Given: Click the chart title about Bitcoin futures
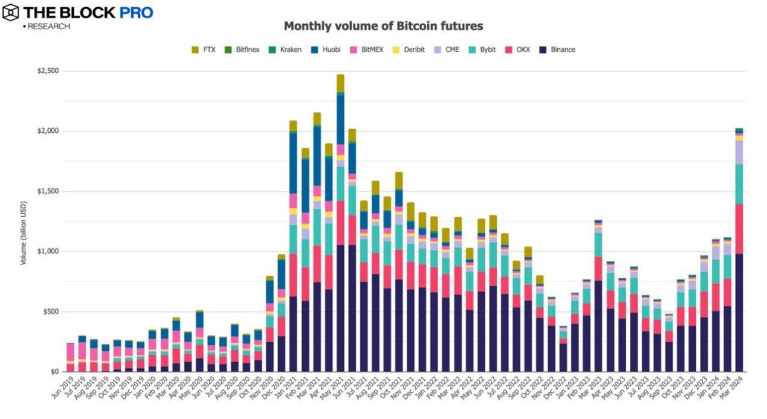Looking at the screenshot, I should pos(383,27).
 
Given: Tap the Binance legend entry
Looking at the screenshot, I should pos(562,50).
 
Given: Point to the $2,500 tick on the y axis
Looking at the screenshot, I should pos(47,71).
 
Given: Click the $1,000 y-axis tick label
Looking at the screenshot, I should pos(47,252).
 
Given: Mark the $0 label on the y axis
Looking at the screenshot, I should pos(54,372).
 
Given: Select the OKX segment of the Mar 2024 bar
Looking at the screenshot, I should pos(739,229).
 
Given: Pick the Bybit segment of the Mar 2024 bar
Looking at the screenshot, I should pos(739,184).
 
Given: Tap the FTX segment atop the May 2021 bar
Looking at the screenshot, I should pos(340,83).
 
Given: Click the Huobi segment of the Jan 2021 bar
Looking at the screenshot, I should pos(293,163).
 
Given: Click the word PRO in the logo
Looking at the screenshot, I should pos(135,13).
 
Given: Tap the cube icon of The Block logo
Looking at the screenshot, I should pos(11,13).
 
